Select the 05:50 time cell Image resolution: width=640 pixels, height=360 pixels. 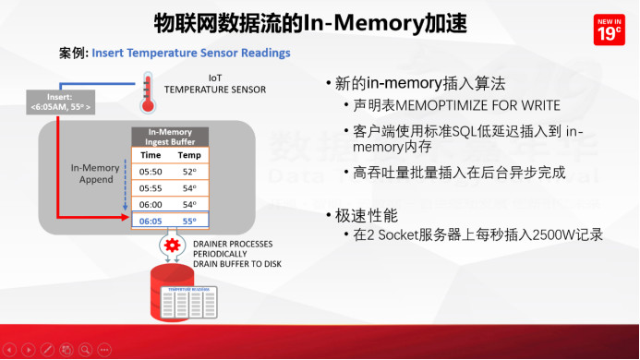[x=151, y=171]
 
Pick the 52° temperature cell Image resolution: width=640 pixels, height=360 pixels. [x=189, y=171]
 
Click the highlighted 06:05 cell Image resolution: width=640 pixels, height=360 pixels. [x=151, y=222]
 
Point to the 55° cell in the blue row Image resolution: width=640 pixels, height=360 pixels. [x=189, y=222]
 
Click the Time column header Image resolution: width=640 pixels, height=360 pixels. [x=151, y=155]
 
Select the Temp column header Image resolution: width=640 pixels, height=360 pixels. [x=189, y=155]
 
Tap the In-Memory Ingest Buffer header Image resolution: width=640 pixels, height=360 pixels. [x=170, y=137]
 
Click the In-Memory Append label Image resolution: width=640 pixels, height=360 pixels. [x=95, y=174]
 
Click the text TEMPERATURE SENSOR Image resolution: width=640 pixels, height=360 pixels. [x=214, y=90]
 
